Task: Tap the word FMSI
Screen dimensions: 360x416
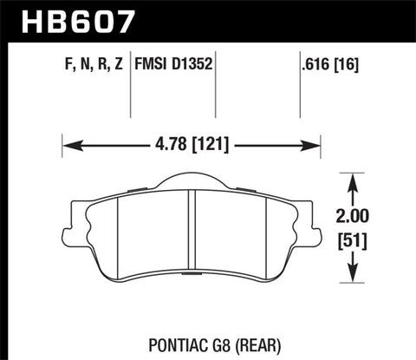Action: (153, 64)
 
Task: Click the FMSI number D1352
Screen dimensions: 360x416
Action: (192, 64)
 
